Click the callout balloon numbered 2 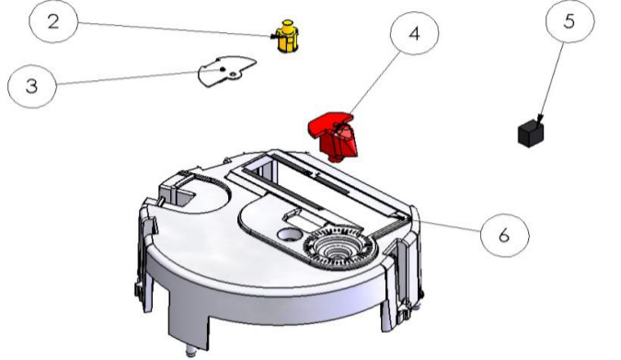click(x=53, y=21)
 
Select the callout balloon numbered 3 click(x=32, y=86)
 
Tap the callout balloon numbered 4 click(x=414, y=33)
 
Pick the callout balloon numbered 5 click(x=569, y=20)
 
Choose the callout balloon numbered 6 click(x=504, y=236)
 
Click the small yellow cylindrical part click(x=287, y=36)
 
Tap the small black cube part click(x=531, y=134)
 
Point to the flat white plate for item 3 click(x=226, y=71)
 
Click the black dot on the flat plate click(x=223, y=69)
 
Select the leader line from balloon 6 click(x=451, y=226)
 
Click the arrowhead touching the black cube click(x=539, y=120)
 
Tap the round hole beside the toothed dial click(x=289, y=234)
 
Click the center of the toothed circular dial click(x=339, y=249)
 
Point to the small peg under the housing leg click(x=191, y=351)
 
